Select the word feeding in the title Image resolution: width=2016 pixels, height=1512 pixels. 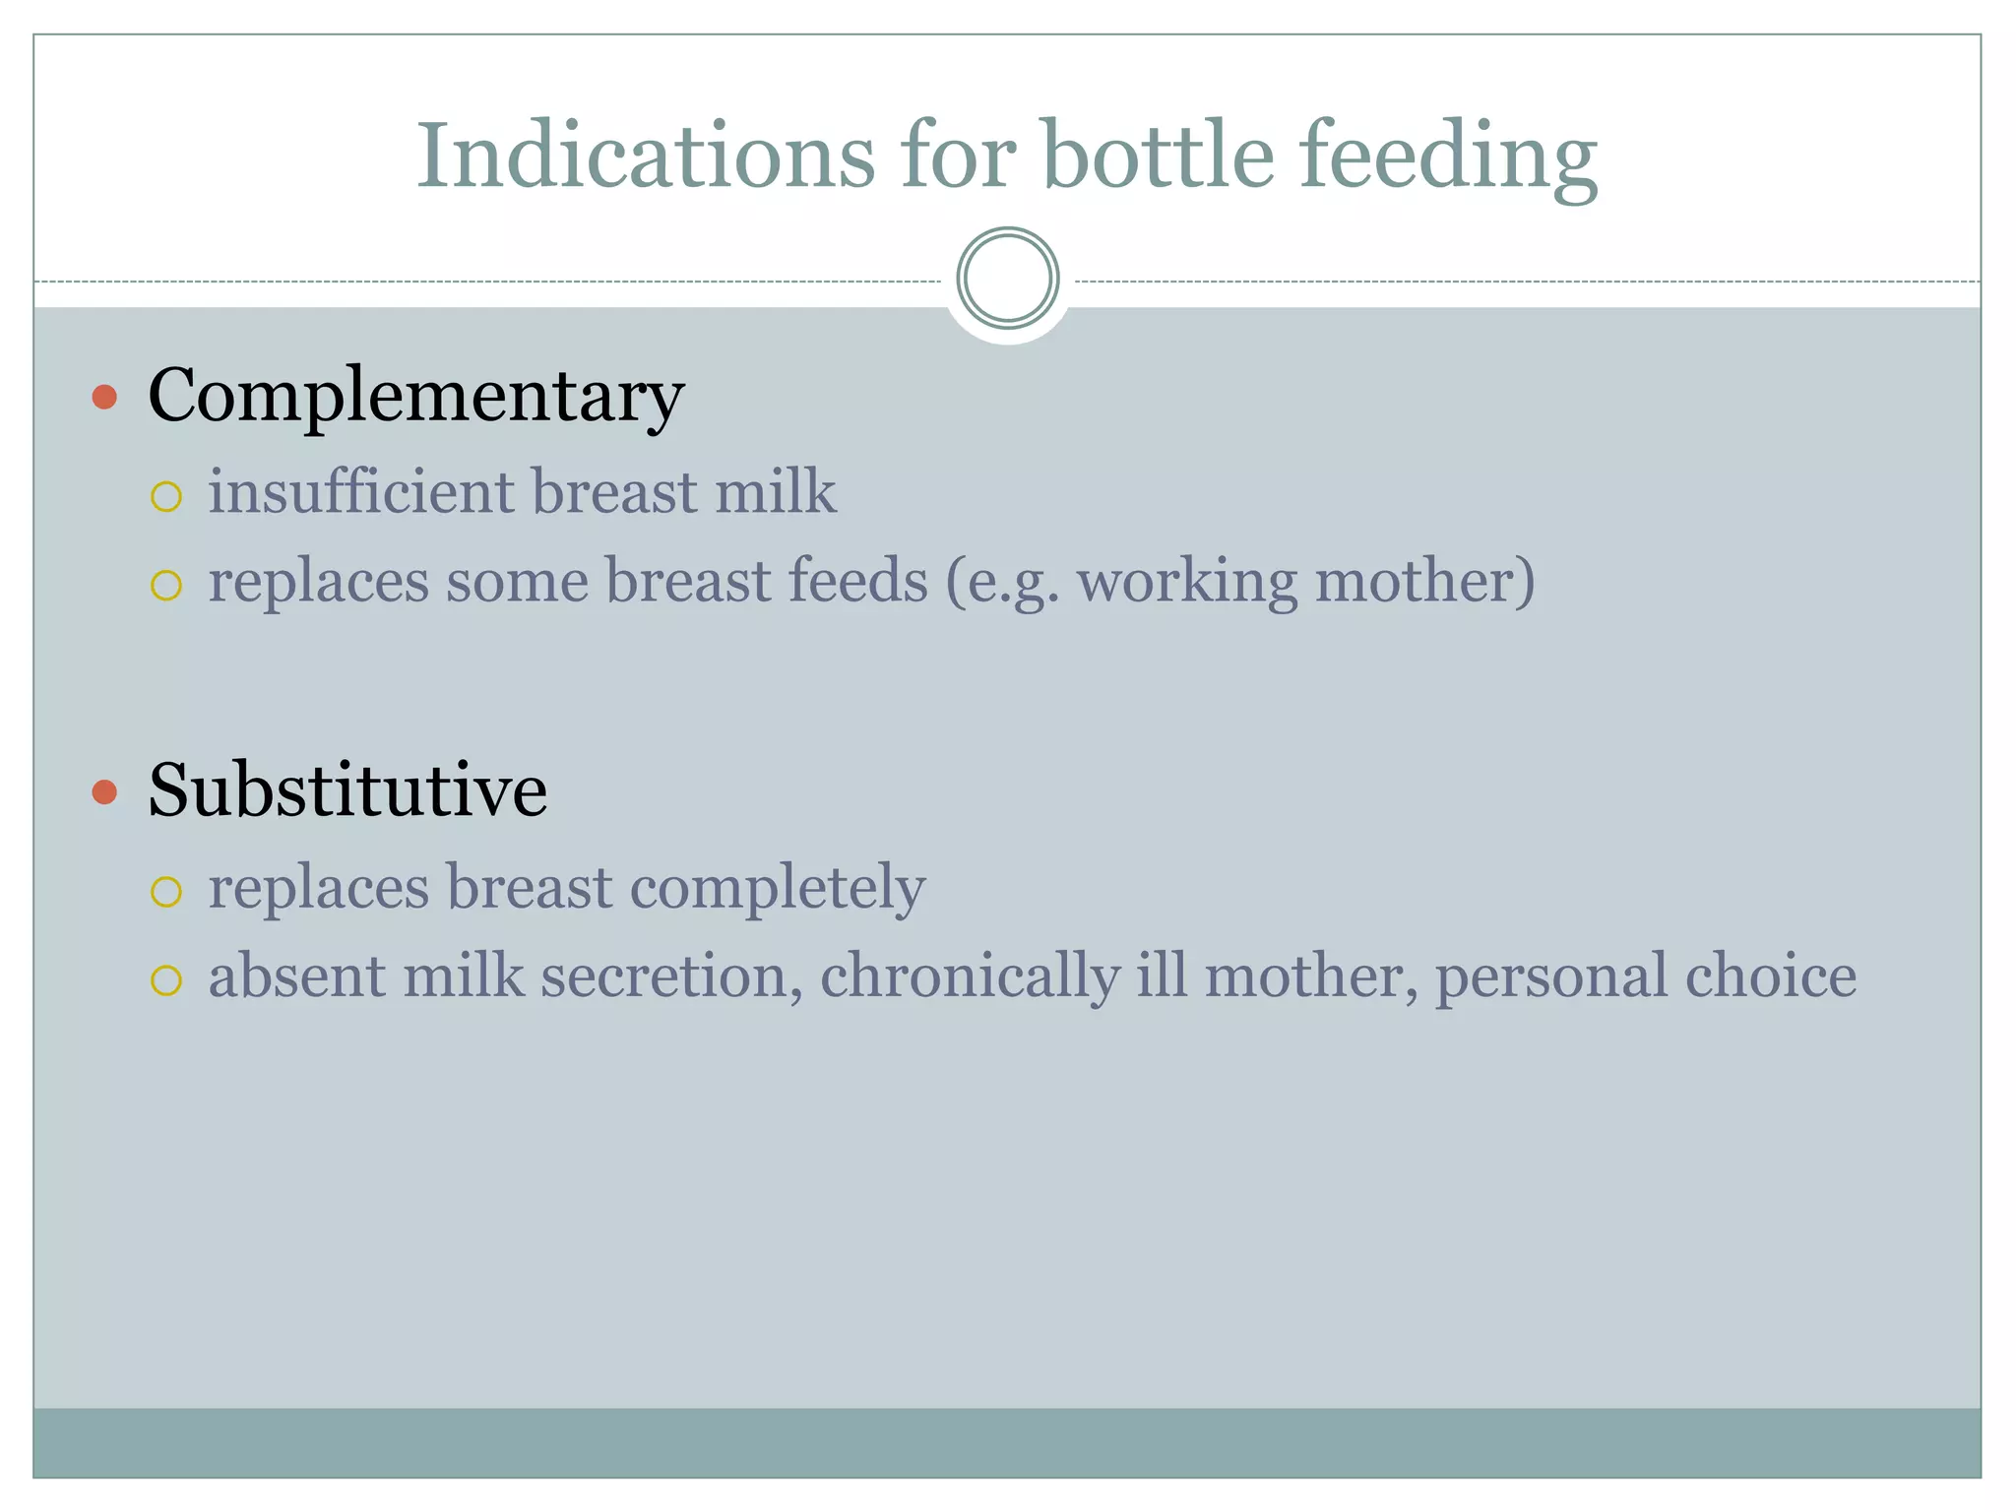click(1448, 157)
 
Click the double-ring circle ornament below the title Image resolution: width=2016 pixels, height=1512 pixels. click(1007, 279)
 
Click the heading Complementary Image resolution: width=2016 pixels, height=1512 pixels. click(415, 396)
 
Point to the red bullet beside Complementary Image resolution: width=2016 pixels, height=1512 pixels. click(104, 397)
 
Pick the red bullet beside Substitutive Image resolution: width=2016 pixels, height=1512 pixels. click(104, 791)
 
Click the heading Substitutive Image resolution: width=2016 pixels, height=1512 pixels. click(346, 790)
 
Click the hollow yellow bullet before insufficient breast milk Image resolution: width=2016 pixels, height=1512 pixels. click(166, 497)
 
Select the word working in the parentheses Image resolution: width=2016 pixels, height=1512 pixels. click(1187, 581)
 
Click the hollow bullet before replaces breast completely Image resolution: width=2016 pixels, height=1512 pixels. click(166, 893)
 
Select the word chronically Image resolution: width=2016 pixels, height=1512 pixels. click(970, 976)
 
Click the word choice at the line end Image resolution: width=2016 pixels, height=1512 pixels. click(1770, 976)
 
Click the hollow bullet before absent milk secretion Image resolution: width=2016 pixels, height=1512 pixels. click(166, 980)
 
